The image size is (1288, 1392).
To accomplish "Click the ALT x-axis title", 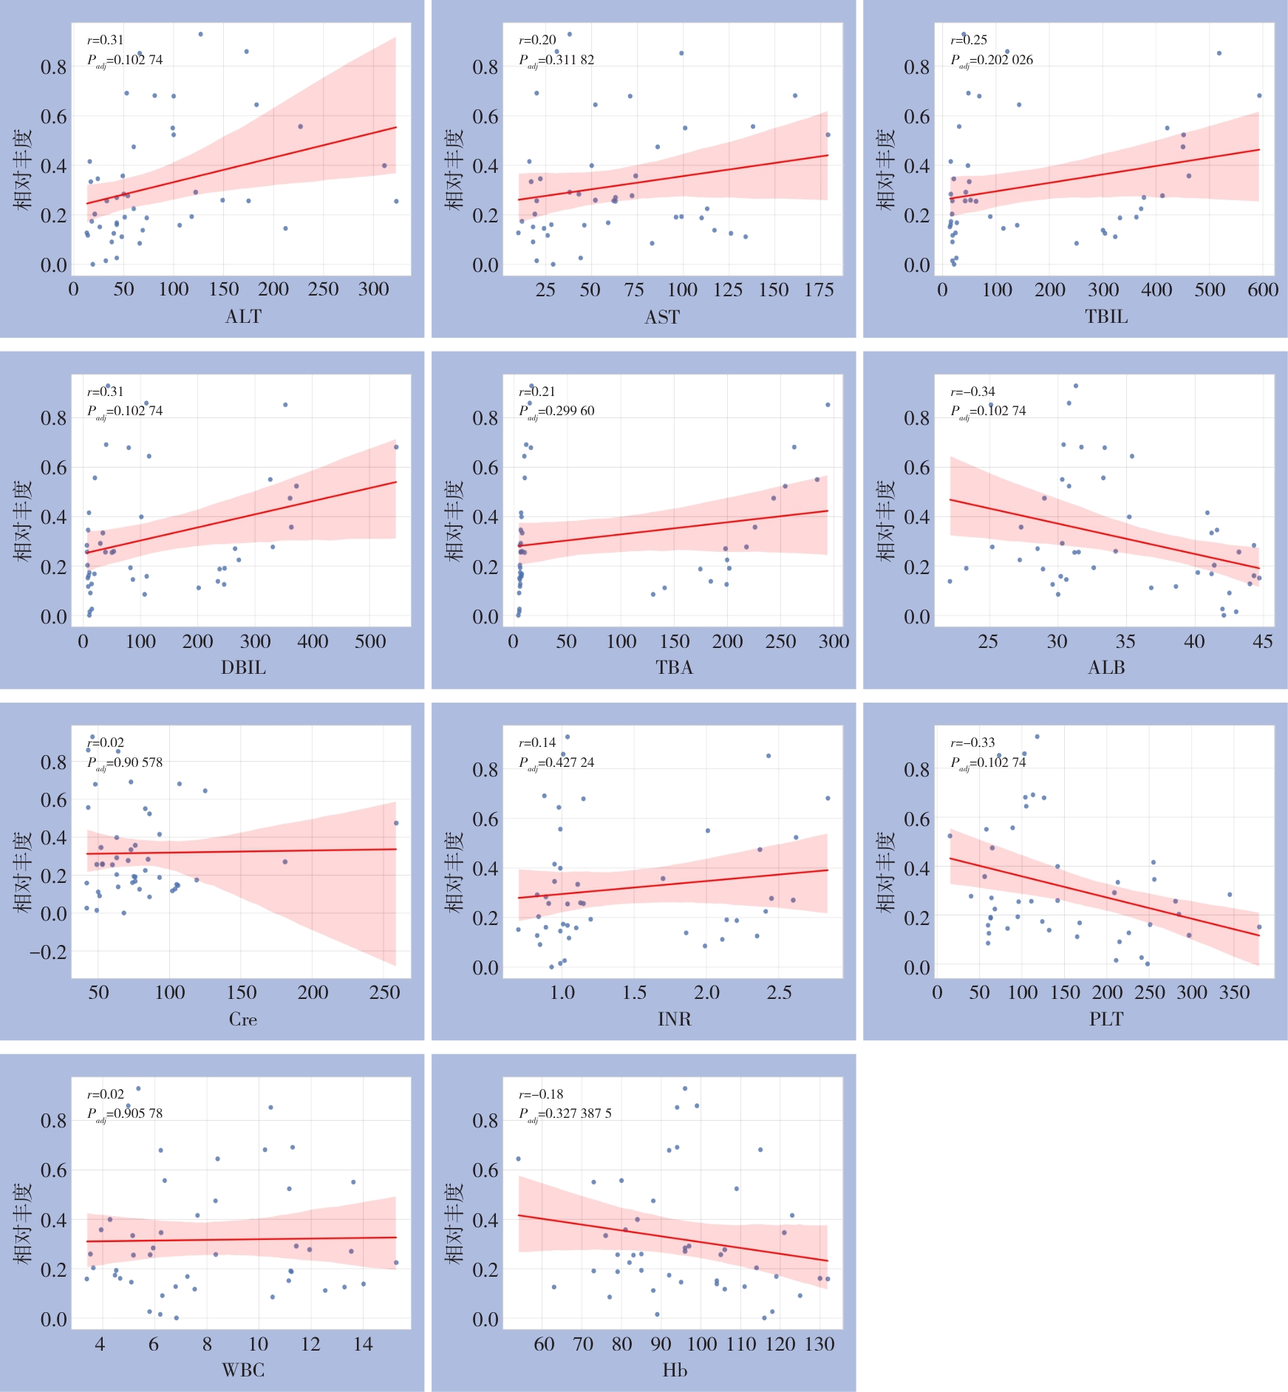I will [243, 316].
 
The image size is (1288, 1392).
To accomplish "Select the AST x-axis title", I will [662, 317].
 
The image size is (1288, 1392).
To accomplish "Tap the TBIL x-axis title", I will [1106, 316].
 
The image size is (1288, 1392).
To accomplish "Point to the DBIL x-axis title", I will [243, 667].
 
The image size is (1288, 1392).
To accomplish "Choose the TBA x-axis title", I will [674, 667].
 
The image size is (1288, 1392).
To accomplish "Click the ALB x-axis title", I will [1106, 667].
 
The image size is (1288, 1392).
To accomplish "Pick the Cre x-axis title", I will [242, 1019].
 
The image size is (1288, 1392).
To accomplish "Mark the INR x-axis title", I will [674, 1019].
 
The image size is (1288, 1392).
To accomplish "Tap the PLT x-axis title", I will [1106, 1019].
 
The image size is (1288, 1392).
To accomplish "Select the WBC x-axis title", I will [243, 1370].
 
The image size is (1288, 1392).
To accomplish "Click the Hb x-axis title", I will [675, 1370].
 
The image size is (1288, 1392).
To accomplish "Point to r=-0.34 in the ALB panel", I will [972, 392].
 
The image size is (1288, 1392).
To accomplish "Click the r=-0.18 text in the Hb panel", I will [541, 1094].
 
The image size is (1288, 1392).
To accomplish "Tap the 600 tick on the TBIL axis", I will [1263, 290].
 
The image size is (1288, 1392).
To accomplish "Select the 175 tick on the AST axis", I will [819, 290].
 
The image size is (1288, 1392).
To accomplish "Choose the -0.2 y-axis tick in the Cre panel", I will [48, 952].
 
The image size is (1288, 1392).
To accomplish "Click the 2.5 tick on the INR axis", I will [779, 992].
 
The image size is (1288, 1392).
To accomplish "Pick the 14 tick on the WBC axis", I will [363, 1343].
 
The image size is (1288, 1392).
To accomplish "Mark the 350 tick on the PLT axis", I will [1234, 992].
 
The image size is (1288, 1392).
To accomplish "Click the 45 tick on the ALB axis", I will [1262, 641].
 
